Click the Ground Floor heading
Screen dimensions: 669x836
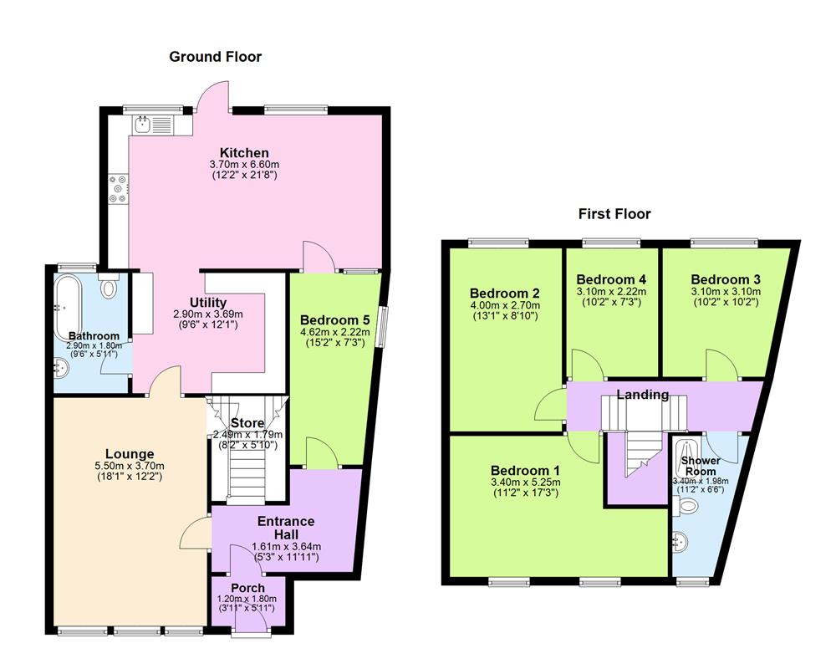tap(215, 57)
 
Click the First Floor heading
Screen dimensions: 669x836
tap(614, 214)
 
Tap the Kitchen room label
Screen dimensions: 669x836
tap(244, 152)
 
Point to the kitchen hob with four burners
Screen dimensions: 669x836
tap(118, 188)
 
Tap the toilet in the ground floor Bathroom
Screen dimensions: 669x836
tap(108, 287)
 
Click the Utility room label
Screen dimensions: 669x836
tap(208, 302)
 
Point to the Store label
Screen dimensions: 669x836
tap(247, 422)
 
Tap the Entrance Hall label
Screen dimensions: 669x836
tap(286, 528)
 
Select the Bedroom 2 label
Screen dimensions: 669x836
tap(504, 293)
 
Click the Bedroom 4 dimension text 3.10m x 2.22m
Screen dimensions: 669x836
tap(611, 291)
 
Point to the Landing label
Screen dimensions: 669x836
tap(642, 394)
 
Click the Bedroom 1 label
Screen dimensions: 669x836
tap(525, 469)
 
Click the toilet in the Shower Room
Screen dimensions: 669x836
tap(687, 506)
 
